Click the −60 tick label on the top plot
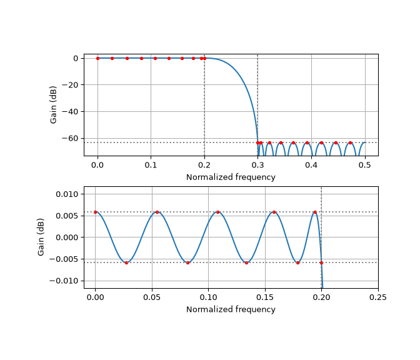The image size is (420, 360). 70,138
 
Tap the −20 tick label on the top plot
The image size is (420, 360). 70,85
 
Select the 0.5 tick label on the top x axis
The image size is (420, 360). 365,165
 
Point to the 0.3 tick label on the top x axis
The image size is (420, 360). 257,165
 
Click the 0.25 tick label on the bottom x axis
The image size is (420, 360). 378,297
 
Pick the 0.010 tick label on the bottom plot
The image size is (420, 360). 67,194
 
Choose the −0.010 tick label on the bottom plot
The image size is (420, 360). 64,281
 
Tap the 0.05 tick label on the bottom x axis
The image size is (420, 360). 152,297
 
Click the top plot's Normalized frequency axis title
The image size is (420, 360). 231,177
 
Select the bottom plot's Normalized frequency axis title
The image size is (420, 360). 231,309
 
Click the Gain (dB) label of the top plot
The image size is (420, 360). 53,105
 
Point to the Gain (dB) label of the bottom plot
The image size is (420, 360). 41,237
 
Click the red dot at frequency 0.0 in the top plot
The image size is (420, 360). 97,58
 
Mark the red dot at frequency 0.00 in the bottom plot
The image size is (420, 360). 96,212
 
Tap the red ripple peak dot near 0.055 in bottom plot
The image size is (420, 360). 157,212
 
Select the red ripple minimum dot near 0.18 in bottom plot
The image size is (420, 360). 298,262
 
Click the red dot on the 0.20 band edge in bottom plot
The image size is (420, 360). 321,262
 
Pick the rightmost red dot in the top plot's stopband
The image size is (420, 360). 350,142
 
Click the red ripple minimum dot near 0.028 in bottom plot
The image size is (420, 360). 126,262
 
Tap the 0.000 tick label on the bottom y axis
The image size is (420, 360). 67,237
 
